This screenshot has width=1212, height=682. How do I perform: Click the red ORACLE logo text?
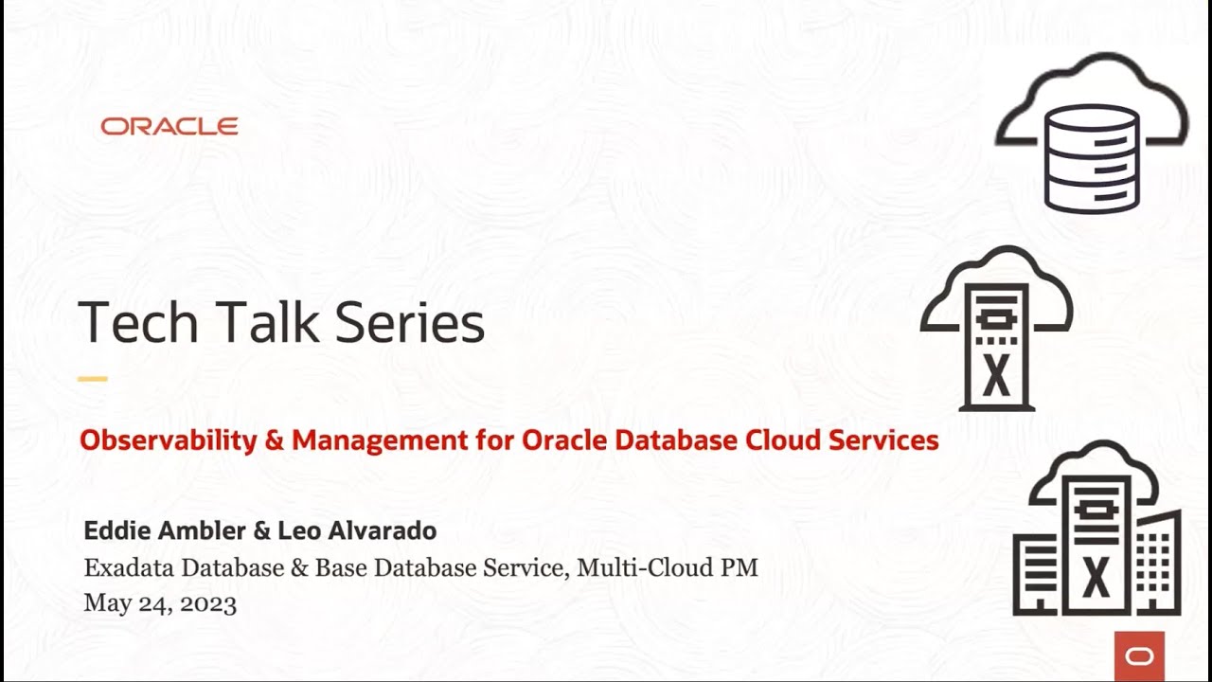pos(169,127)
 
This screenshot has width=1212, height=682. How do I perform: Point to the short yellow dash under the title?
pos(93,379)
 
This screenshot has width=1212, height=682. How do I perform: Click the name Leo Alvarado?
pos(357,530)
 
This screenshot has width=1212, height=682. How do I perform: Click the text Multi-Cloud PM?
pos(668,568)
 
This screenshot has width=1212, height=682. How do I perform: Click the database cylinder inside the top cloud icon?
pos(1092,158)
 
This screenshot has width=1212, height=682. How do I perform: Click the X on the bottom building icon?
pos(1096,576)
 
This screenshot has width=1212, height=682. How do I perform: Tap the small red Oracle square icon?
pos(1139,655)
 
